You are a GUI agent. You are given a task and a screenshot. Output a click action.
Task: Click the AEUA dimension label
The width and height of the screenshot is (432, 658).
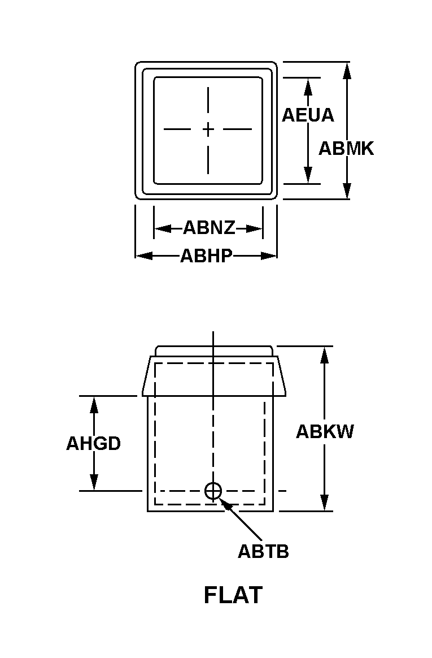[x=308, y=115]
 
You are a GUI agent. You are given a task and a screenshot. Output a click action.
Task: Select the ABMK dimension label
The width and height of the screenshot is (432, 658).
[x=346, y=149]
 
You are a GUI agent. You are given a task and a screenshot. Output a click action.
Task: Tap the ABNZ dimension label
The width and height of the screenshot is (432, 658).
[x=209, y=228]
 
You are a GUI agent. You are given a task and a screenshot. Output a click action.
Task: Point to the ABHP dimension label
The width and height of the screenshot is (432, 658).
[x=206, y=256]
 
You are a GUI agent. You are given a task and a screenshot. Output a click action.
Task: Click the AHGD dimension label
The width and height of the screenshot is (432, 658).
[x=93, y=444]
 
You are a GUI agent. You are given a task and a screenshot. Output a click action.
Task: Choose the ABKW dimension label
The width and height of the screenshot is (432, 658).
[x=325, y=432]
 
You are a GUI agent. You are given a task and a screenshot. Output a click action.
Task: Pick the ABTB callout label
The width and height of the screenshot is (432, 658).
[x=263, y=551]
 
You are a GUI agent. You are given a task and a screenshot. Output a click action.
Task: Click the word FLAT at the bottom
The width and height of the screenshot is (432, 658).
[x=233, y=595]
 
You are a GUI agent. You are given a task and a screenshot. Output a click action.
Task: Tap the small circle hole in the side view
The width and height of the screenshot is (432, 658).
[x=213, y=491]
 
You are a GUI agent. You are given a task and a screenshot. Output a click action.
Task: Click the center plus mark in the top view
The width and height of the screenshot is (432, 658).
[x=208, y=129]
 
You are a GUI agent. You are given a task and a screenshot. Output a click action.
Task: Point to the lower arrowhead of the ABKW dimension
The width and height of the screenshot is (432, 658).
[x=325, y=503]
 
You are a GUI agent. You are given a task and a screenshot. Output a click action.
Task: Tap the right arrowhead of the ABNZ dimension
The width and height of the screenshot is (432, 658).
[x=254, y=229]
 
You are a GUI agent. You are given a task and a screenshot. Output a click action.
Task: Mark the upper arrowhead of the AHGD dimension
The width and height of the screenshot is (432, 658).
[x=94, y=405]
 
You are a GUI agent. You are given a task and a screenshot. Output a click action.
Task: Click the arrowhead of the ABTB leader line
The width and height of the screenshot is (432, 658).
[x=225, y=505]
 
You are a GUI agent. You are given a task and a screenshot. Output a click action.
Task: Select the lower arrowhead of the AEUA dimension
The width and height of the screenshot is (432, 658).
[x=308, y=175]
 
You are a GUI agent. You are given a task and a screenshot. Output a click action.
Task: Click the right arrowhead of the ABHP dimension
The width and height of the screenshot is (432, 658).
[x=269, y=256]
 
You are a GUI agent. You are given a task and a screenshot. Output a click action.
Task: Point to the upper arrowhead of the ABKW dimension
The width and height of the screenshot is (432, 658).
[x=325, y=355]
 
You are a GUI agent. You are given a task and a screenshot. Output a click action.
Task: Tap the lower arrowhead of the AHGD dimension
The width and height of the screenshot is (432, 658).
[x=94, y=482]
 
